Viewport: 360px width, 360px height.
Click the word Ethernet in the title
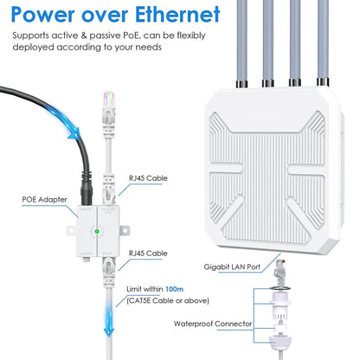tap(177, 14)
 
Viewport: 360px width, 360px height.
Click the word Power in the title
tap(43, 14)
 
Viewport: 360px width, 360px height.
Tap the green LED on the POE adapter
tap(97, 231)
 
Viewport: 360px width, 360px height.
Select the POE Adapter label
tap(44, 200)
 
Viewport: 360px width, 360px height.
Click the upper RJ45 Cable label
tap(148, 178)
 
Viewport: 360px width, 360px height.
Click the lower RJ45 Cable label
tap(148, 254)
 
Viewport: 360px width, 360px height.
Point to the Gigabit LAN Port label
tap(232, 267)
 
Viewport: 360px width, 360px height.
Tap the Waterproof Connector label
tap(213, 324)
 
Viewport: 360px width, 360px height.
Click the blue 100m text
tap(174, 289)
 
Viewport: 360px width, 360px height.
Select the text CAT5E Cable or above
tap(168, 300)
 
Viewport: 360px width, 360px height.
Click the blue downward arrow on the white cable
tap(109, 318)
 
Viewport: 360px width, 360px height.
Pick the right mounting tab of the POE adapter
tap(125, 230)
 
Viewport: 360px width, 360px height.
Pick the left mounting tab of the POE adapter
tap(72, 230)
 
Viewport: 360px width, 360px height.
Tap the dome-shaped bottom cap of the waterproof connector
tap(280, 342)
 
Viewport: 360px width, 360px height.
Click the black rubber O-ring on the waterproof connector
tap(280, 288)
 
